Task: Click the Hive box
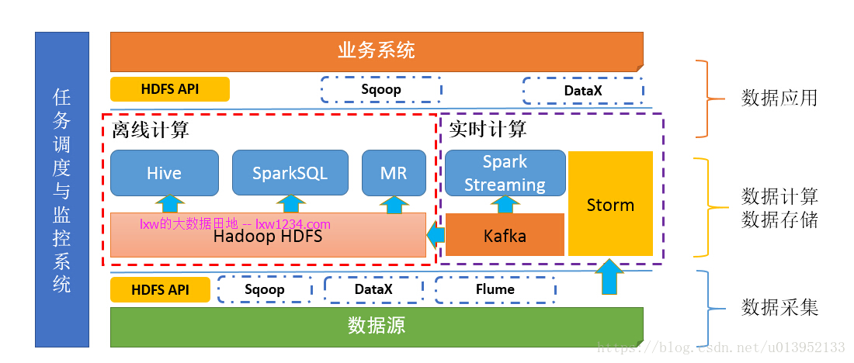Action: tap(165, 173)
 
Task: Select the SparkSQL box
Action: tap(290, 173)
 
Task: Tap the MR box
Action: tap(394, 173)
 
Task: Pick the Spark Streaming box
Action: tap(505, 173)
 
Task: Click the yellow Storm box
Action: tap(610, 203)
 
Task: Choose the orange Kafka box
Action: tap(505, 234)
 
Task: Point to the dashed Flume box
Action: tap(495, 289)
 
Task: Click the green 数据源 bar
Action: tap(377, 327)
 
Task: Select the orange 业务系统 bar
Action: tap(377, 52)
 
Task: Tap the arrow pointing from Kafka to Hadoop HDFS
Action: tap(436, 235)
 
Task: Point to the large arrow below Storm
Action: tap(609, 276)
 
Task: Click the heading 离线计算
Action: tap(151, 130)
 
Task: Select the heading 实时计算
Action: tap(488, 130)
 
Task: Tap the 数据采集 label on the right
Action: tap(779, 308)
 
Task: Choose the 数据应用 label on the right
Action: tap(779, 98)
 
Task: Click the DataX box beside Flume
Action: tap(373, 289)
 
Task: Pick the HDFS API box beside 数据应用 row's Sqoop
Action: tap(170, 89)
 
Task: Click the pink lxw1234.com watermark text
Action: tap(234, 224)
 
